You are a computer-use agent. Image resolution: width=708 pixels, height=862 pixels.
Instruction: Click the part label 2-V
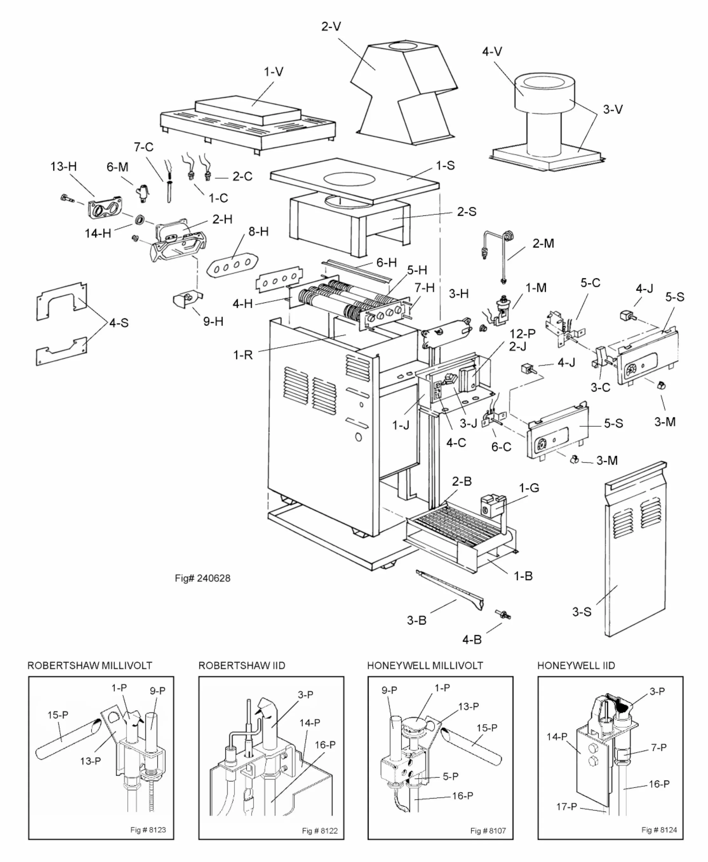click(x=331, y=27)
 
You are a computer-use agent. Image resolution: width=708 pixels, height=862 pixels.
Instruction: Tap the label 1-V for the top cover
click(x=273, y=72)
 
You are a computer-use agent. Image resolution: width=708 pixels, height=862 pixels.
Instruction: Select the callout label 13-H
click(x=63, y=166)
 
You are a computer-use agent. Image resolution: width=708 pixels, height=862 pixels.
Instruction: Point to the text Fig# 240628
click(x=203, y=578)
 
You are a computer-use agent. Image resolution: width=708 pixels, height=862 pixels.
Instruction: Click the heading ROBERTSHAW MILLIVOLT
click(x=90, y=666)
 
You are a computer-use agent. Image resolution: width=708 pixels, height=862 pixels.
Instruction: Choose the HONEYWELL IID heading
click(x=576, y=666)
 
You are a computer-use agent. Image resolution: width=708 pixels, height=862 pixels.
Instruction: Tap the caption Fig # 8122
click(x=320, y=831)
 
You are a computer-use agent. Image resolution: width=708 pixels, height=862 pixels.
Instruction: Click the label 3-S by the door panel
click(x=582, y=612)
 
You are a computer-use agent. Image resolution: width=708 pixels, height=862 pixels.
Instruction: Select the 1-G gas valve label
click(x=529, y=488)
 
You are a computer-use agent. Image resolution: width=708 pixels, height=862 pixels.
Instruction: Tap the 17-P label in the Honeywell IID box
click(x=566, y=806)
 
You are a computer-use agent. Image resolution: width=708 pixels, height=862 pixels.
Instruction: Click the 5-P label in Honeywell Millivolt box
click(x=450, y=776)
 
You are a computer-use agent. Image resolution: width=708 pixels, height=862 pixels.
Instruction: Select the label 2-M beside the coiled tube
click(x=543, y=243)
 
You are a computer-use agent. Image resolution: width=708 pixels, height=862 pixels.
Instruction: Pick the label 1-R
click(x=243, y=355)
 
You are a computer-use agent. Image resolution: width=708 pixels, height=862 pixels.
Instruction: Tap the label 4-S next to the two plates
click(x=119, y=323)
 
